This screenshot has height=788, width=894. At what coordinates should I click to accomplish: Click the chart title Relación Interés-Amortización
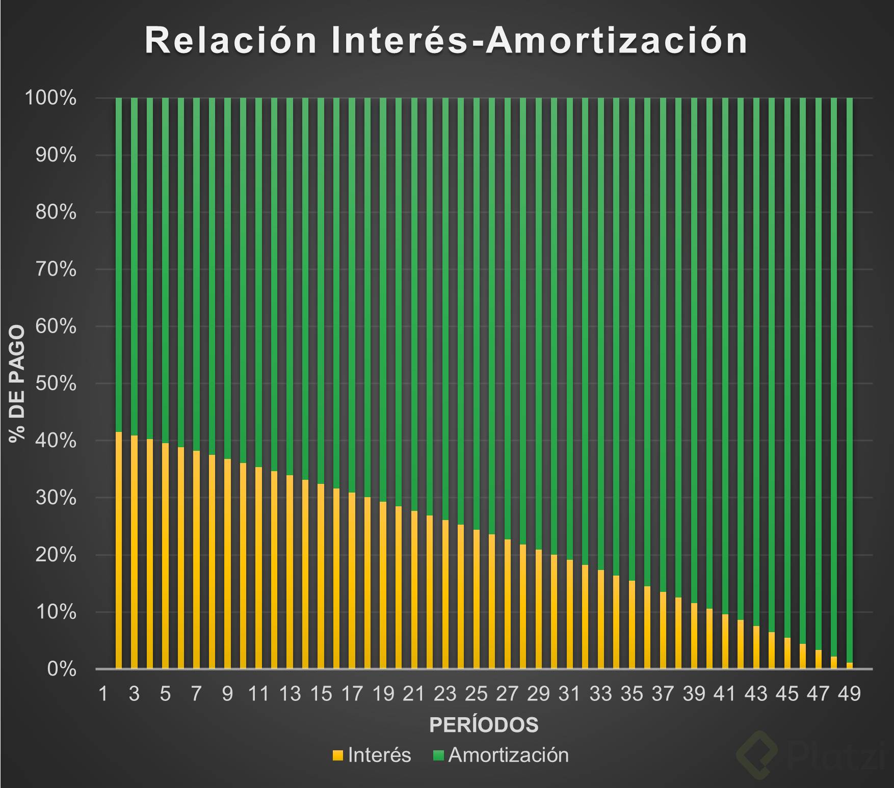[446, 40]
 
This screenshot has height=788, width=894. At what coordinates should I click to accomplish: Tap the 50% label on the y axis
[56, 384]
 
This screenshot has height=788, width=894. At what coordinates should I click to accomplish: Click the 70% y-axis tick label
[56, 269]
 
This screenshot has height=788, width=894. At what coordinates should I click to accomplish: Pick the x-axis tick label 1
[103, 693]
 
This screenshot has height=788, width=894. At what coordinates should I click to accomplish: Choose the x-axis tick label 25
[476, 693]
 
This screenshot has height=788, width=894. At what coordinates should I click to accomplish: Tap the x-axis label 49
[849, 693]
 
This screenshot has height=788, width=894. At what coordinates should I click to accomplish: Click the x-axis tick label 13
[290, 693]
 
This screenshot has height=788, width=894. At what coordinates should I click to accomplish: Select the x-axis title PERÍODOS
[484, 725]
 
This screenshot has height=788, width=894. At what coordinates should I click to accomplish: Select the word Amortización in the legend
[508, 755]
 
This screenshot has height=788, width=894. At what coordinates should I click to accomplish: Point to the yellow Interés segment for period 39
[694, 636]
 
